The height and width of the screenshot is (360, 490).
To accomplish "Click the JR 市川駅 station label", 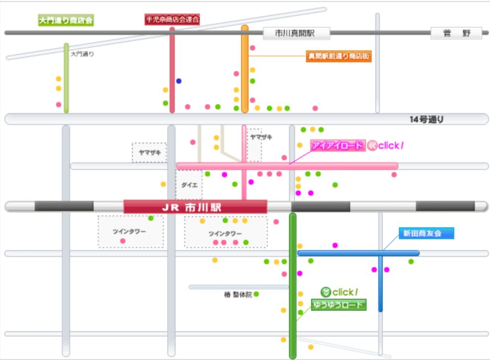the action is coord(196,207).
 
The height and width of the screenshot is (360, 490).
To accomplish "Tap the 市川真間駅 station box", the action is coord(296,33).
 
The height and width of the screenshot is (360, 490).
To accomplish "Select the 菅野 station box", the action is coord(456,33).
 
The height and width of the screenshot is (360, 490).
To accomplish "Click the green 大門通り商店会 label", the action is coord(66,20).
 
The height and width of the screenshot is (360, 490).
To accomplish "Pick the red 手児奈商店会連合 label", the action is coord(172,19).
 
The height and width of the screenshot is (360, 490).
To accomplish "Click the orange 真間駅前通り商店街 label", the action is coord(339,56).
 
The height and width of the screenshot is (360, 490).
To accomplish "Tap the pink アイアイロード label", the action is coord(338,145).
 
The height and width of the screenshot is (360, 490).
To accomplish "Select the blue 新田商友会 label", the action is coord(426,233).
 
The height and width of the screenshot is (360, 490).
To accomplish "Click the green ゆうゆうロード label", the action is coord(339,305).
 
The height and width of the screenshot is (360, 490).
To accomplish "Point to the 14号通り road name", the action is coord(426,119).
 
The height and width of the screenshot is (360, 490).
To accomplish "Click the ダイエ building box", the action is coord(189,185).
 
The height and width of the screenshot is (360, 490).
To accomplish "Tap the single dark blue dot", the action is coord(179,81).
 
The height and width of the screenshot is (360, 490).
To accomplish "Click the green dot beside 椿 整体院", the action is coord(256,294).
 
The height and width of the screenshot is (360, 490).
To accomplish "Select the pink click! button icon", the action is coord(372,145).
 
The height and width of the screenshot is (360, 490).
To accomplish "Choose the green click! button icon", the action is coord(326,292).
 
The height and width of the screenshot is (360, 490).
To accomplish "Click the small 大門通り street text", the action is coord(82,54).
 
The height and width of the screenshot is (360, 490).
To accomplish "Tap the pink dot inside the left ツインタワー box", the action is coord(123,241).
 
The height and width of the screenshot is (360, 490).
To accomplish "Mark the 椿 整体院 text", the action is coord(238,294).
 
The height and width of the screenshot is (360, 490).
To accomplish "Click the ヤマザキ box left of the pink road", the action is coord(149,152).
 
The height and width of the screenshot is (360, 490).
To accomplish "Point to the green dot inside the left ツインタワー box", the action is coord(150,218).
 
